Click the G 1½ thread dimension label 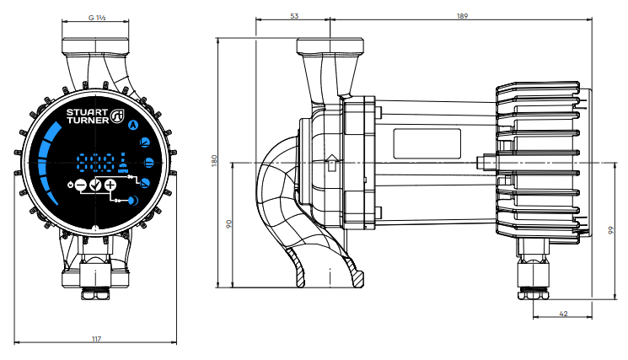click(x=97, y=18)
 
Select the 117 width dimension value click(x=97, y=339)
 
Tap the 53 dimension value click(x=294, y=16)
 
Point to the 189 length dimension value click(x=462, y=16)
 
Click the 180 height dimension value click(x=214, y=161)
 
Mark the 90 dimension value click(x=229, y=224)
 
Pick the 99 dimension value click(x=611, y=230)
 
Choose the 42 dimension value click(x=563, y=314)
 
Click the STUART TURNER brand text click(x=88, y=116)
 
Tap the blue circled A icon click(x=133, y=126)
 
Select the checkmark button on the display click(x=96, y=185)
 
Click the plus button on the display click(x=110, y=185)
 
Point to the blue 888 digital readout click(x=96, y=163)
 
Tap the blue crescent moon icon click(x=133, y=200)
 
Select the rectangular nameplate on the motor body click(x=427, y=143)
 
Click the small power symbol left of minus click(x=71, y=185)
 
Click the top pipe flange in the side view click(x=330, y=46)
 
